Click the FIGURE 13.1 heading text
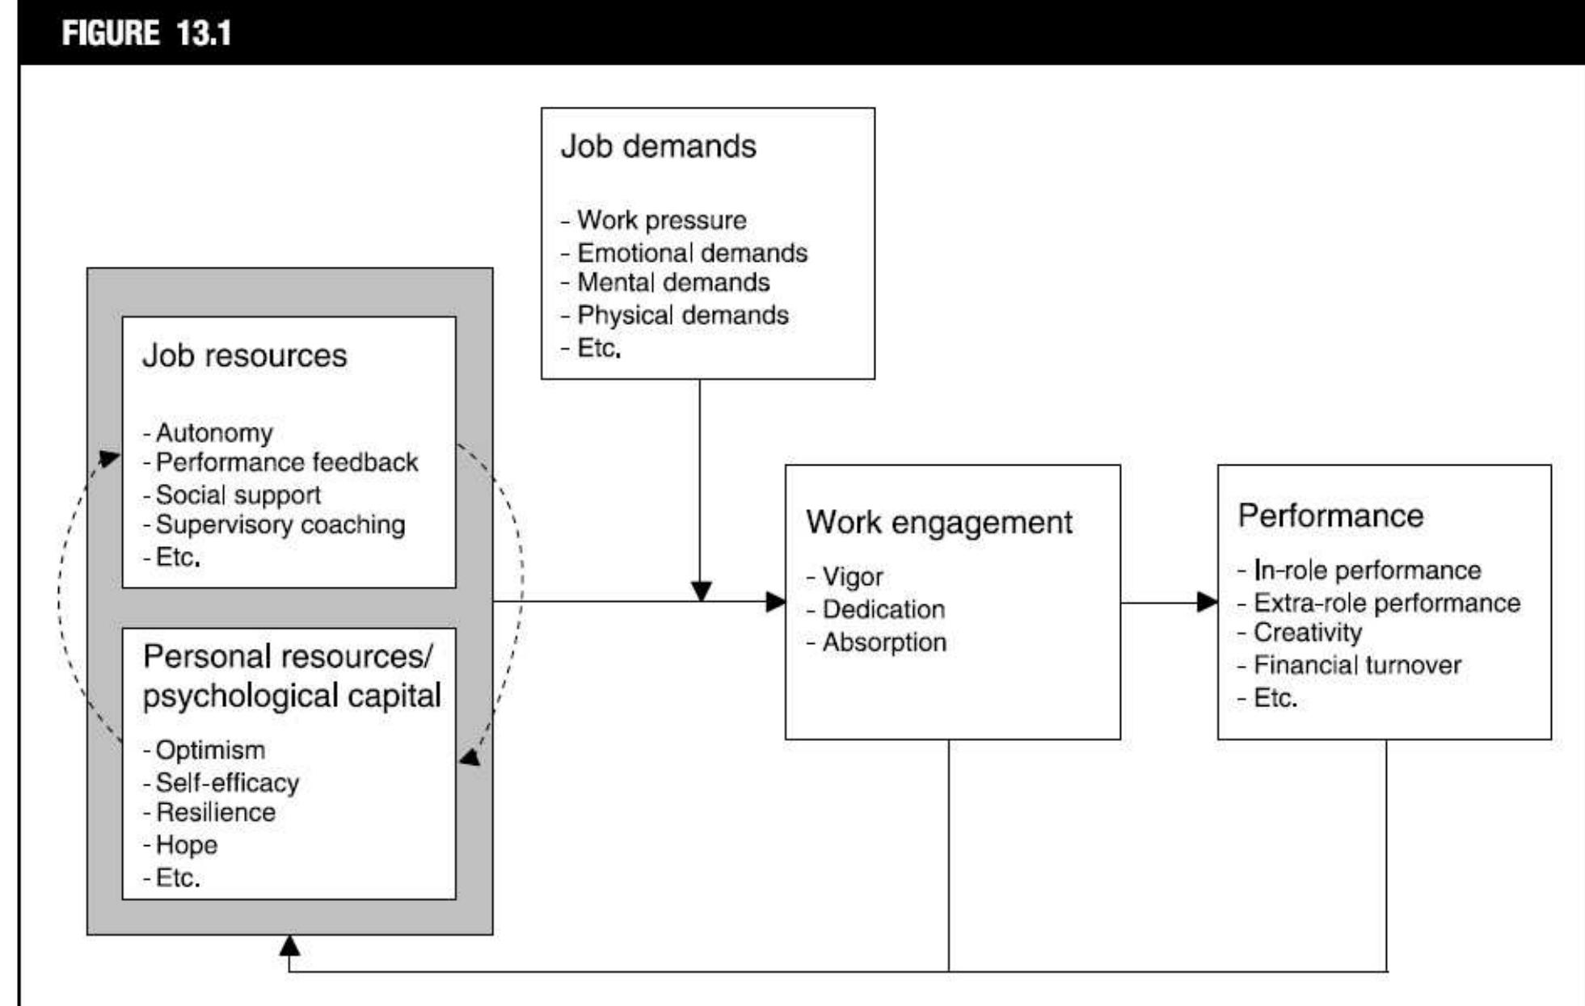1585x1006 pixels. [146, 33]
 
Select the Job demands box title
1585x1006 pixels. [658, 147]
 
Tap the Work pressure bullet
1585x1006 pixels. [661, 220]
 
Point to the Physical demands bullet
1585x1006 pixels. [682, 315]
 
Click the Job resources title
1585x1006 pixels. [244, 356]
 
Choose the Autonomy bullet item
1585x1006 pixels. [214, 433]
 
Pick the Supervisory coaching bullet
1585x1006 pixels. [280, 525]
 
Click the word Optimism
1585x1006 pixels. [210, 750]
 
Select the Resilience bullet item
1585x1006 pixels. [215, 812]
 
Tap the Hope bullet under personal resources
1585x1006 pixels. [186, 845]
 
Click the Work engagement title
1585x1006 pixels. [938, 522]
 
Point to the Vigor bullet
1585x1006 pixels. [852, 577]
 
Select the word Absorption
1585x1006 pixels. [883, 642]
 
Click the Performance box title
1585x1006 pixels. [1330, 516]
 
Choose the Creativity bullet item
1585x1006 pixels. [1307, 633]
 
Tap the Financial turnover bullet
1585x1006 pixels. [1356, 666]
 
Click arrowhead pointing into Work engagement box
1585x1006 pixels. [776, 601]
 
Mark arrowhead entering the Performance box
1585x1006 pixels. [1208, 601]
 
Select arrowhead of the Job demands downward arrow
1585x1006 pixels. [701, 591]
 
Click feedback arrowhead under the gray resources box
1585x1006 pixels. [289, 945]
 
